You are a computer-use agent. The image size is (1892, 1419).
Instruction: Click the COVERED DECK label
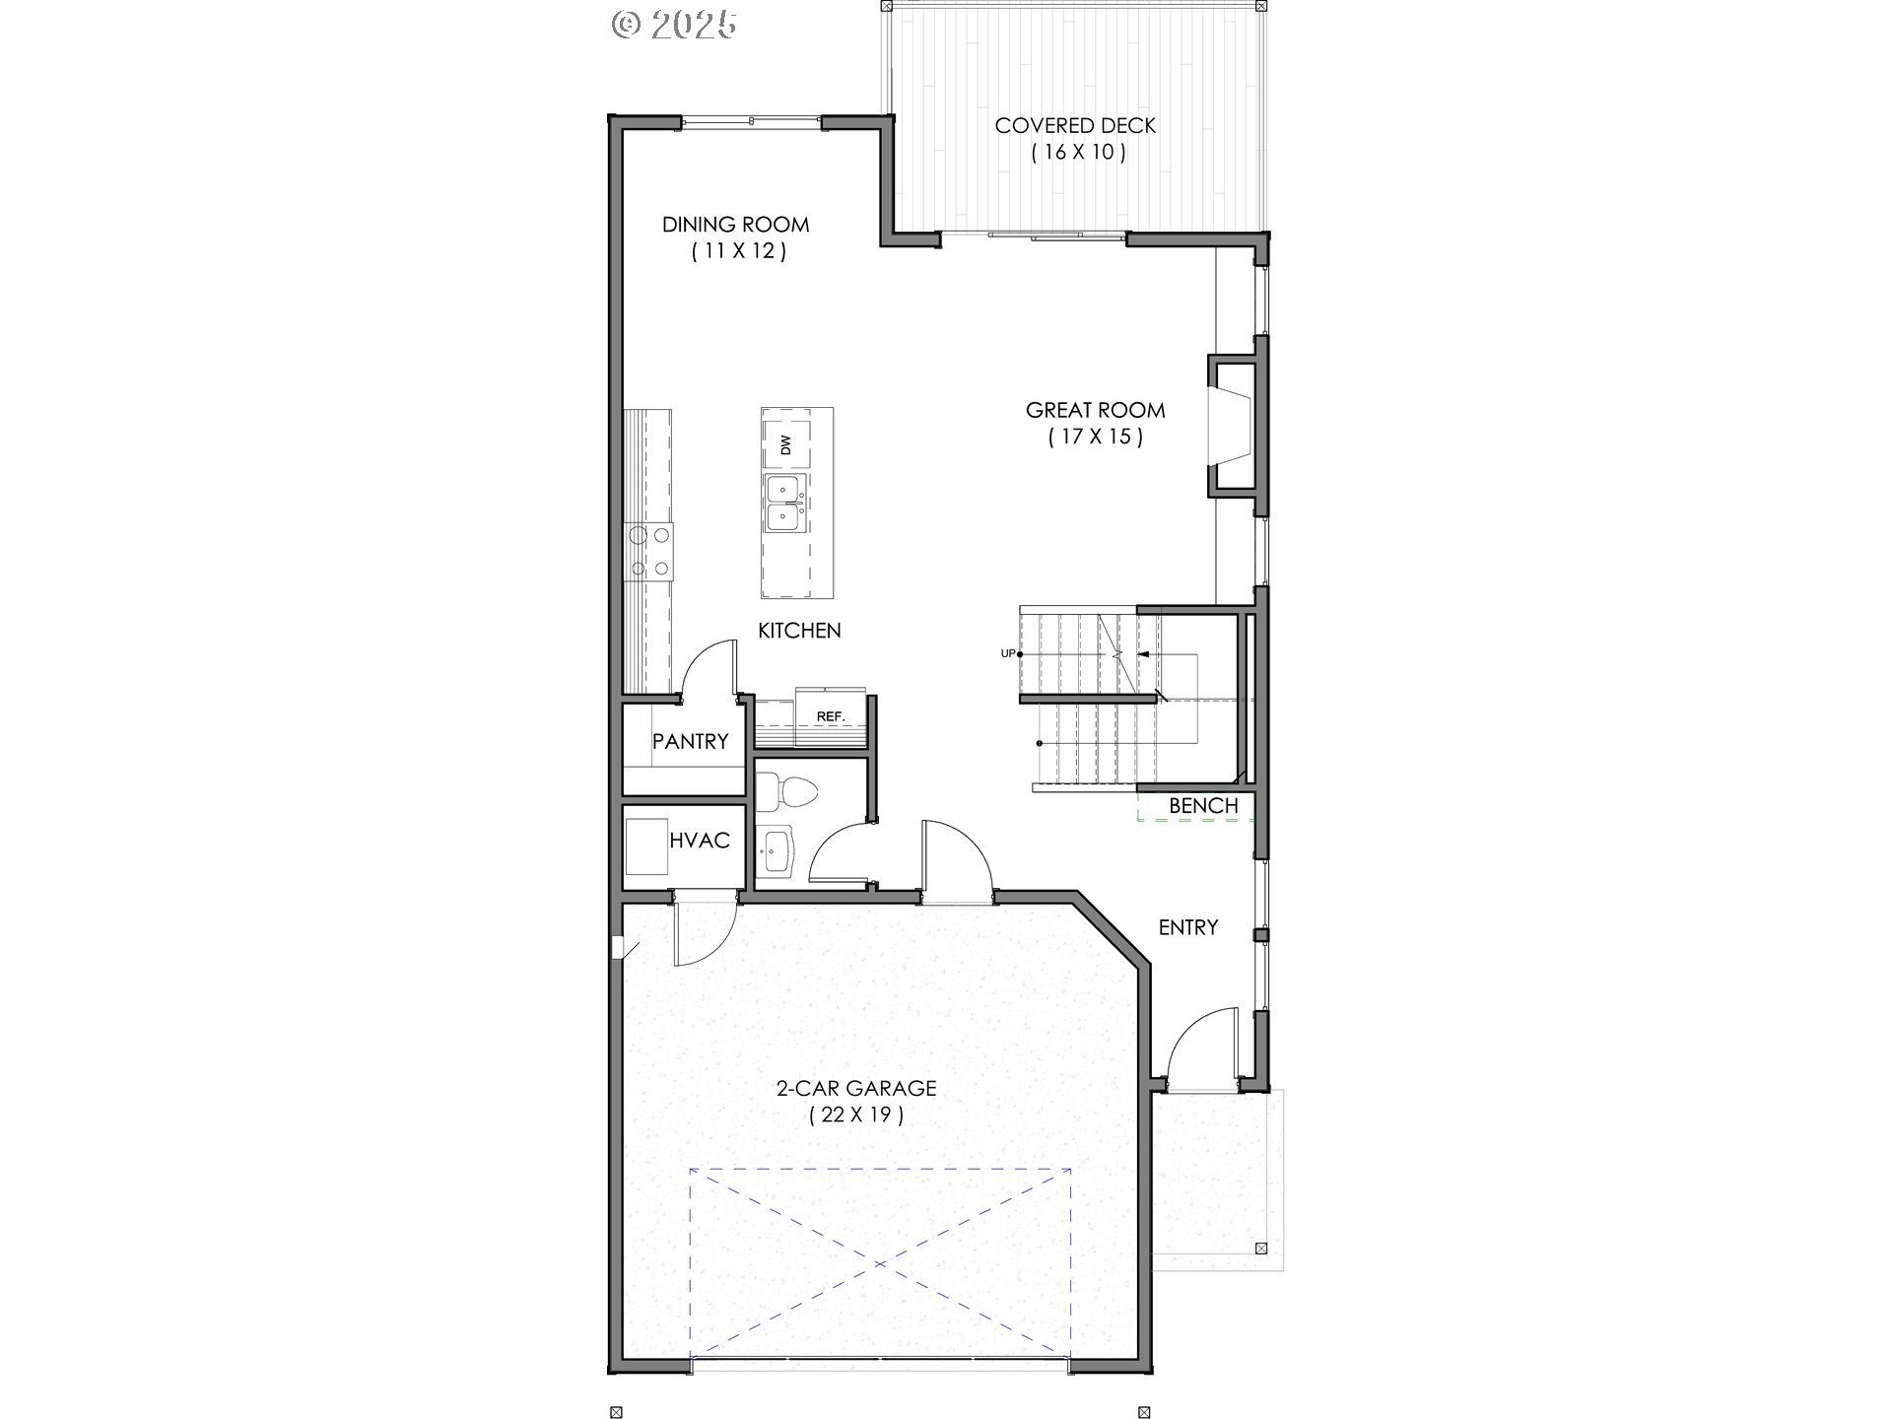pyautogui.click(x=1075, y=126)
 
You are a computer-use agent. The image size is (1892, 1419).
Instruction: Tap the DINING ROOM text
pyautogui.click(x=735, y=225)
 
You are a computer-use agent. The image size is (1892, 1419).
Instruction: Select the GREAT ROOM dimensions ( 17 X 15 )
pyautogui.click(x=1095, y=437)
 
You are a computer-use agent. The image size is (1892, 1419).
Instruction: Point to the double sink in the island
pyautogui.click(x=785, y=503)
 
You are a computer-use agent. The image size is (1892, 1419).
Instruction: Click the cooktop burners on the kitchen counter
pyautogui.click(x=650, y=551)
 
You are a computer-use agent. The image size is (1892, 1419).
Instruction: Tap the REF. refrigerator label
pyautogui.click(x=831, y=716)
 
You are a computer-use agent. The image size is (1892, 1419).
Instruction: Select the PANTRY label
pyautogui.click(x=690, y=741)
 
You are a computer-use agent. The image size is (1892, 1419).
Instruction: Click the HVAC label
pyautogui.click(x=700, y=841)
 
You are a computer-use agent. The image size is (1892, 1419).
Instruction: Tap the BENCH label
pyautogui.click(x=1203, y=806)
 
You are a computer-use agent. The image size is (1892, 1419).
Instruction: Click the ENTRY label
pyautogui.click(x=1187, y=927)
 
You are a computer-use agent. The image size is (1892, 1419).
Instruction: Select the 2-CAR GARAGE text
pyautogui.click(x=855, y=1089)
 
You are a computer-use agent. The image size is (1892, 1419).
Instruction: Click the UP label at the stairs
pyautogui.click(x=1007, y=653)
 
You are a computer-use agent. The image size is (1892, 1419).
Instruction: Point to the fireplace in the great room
pyautogui.click(x=1233, y=426)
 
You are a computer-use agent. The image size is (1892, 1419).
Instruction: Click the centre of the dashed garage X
pyautogui.click(x=880, y=1263)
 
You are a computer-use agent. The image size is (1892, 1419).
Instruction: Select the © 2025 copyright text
pyautogui.click(x=674, y=25)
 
